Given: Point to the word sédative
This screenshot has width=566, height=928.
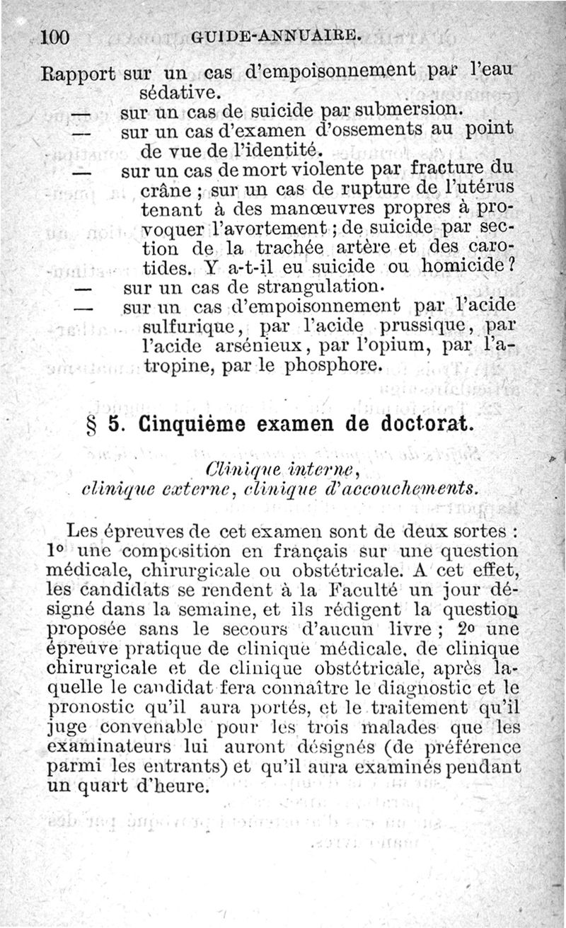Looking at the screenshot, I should (x=173, y=92).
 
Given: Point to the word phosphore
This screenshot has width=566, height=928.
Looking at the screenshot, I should (x=333, y=367).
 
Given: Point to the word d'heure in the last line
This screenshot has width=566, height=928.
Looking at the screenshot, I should (x=171, y=786).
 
